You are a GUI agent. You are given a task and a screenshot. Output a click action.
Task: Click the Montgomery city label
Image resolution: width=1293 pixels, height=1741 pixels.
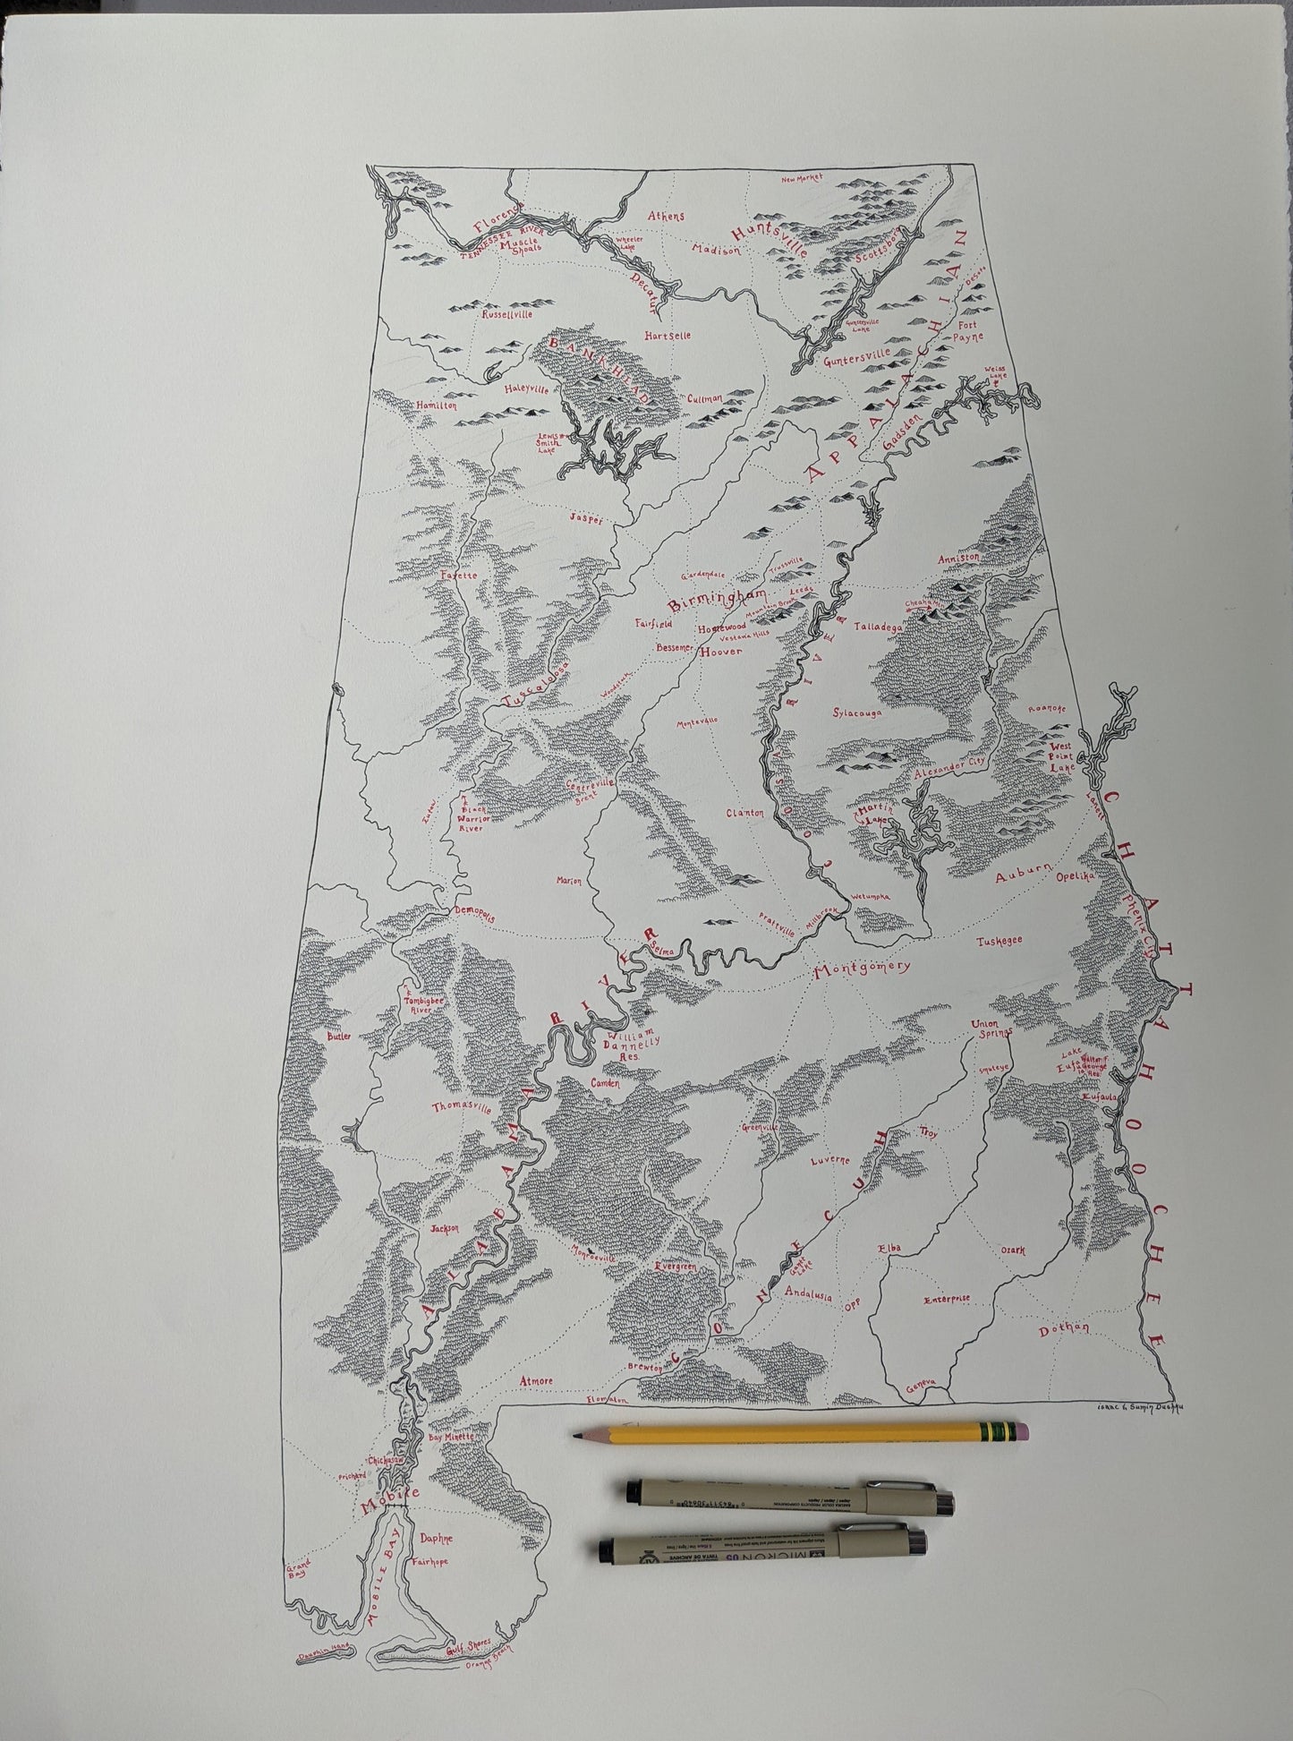pos(861,969)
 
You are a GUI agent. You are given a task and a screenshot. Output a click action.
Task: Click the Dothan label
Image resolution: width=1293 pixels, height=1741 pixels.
pos(1062,1354)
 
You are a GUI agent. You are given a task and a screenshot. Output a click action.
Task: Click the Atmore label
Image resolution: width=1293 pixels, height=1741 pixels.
pos(534,1380)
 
